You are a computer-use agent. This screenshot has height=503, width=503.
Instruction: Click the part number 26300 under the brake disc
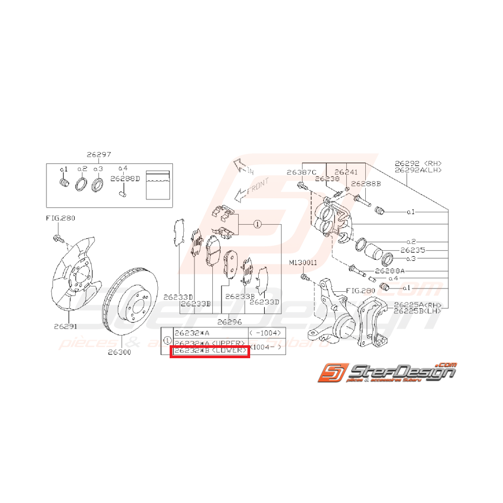point(119,352)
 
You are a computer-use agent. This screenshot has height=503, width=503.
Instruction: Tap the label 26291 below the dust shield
point(65,326)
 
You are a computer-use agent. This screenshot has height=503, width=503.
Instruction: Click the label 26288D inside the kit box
point(125,178)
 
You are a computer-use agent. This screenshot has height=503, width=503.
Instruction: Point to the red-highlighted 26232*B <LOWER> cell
point(210,352)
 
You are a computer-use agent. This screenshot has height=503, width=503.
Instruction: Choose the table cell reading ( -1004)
point(265,333)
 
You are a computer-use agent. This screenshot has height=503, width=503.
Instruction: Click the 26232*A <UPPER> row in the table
point(210,343)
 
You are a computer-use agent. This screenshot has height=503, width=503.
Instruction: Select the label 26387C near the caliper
point(301,172)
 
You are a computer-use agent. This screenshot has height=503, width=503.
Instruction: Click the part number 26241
point(346,172)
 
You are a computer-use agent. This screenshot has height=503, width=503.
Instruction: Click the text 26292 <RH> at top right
point(418,162)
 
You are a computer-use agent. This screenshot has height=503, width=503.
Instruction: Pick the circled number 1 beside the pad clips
point(258,223)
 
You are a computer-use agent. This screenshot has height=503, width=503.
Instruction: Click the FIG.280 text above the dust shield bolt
point(60,219)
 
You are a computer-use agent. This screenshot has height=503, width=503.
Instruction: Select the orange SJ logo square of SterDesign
point(329,372)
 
